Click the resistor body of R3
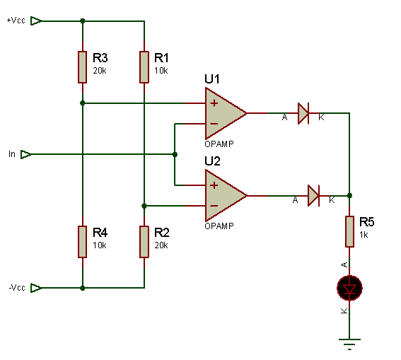click(82, 67)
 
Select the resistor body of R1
click(144, 67)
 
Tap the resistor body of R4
click(82, 242)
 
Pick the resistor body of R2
click(144, 242)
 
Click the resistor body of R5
click(349, 232)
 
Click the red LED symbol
click(349, 288)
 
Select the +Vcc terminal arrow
click(36, 21)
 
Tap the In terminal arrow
click(26, 154)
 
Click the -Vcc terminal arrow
click(36, 288)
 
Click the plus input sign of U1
click(214, 103)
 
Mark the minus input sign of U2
click(214, 206)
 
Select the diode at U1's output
click(303, 113)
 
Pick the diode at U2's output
click(313, 196)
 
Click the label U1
click(212, 79)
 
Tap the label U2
click(212, 161)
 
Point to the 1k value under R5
click(364, 235)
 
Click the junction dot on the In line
click(175, 154)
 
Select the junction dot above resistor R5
click(349, 196)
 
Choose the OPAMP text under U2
click(219, 226)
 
